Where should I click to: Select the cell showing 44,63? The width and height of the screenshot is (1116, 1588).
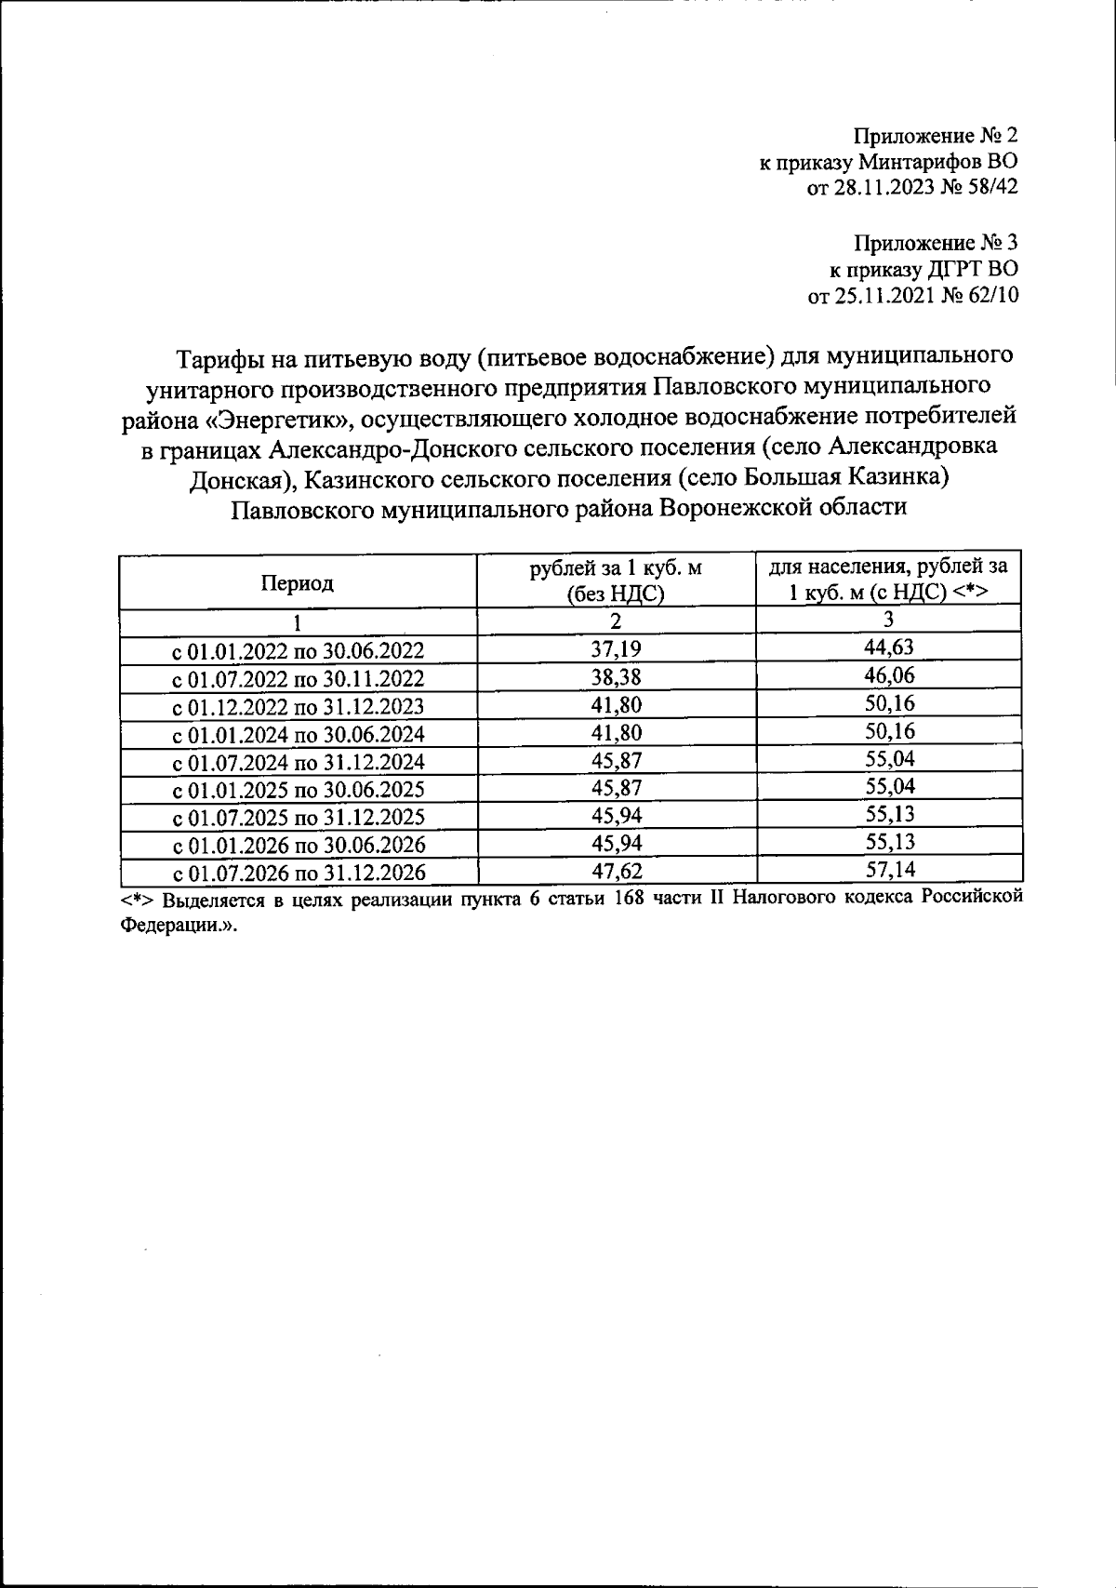pos(889,647)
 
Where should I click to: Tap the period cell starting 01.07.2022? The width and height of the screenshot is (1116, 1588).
pos(299,678)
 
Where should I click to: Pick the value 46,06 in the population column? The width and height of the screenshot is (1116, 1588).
pos(889,675)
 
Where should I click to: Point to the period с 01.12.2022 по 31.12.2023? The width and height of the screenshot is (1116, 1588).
pos(299,706)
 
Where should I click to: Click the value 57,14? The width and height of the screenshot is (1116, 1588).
pos(889,870)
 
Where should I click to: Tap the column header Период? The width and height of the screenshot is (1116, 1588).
pos(297,583)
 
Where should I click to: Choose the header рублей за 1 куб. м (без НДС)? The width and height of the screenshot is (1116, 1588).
pos(616,581)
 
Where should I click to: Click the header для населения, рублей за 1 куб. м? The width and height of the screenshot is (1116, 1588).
pos(889,579)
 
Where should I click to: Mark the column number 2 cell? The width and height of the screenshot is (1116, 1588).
pos(616,621)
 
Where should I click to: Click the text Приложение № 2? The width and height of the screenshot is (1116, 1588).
pos(937,137)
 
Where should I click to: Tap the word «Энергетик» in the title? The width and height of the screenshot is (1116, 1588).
pos(278,418)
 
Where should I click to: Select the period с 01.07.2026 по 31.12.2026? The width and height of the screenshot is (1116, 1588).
pos(299,873)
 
